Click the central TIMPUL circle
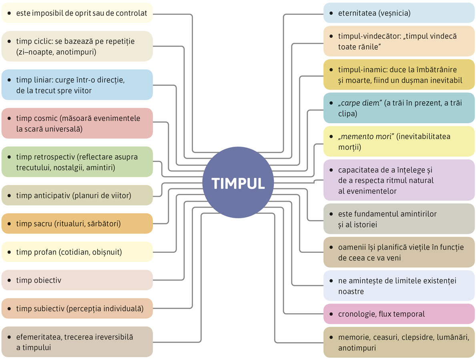click(238, 183)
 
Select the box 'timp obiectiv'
click(77, 280)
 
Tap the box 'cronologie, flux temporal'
click(399, 314)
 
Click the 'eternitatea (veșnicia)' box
click(399, 13)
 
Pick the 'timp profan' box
click(77, 252)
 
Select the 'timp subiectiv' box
click(77, 308)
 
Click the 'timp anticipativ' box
click(77, 195)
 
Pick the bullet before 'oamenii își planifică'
click(331, 248)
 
